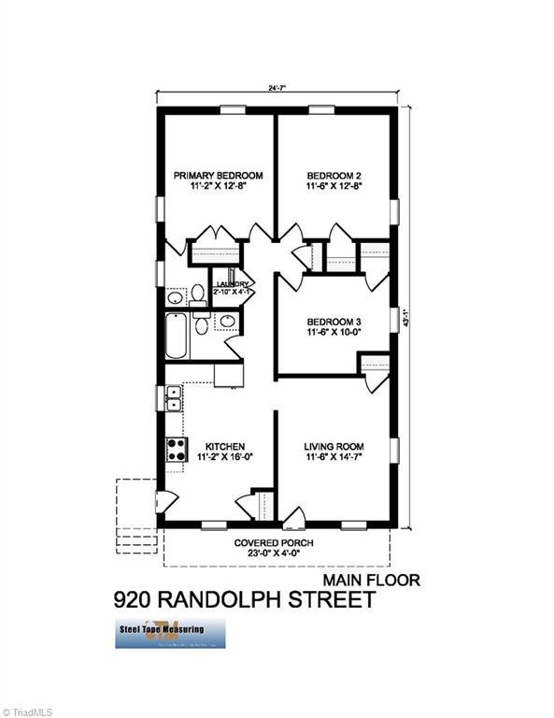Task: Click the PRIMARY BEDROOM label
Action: [x=219, y=176]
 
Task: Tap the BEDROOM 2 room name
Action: [x=334, y=176]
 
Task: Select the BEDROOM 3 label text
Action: [x=334, y=322]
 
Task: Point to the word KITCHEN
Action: [x=225, y=447]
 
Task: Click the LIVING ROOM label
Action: [x=334, y=447]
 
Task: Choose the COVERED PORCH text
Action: [x=274, y=543]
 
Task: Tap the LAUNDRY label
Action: [x=232, y=284]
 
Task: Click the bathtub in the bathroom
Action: [x=177, y=337]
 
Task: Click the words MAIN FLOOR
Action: [x=372, y=580]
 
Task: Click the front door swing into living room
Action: [x=293, y=515]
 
